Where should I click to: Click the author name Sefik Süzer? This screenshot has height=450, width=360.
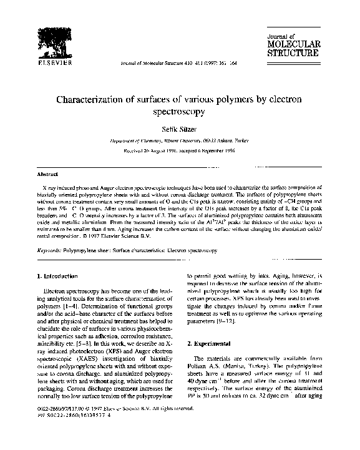point(180,129)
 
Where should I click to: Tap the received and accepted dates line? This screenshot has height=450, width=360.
point(180,150)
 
